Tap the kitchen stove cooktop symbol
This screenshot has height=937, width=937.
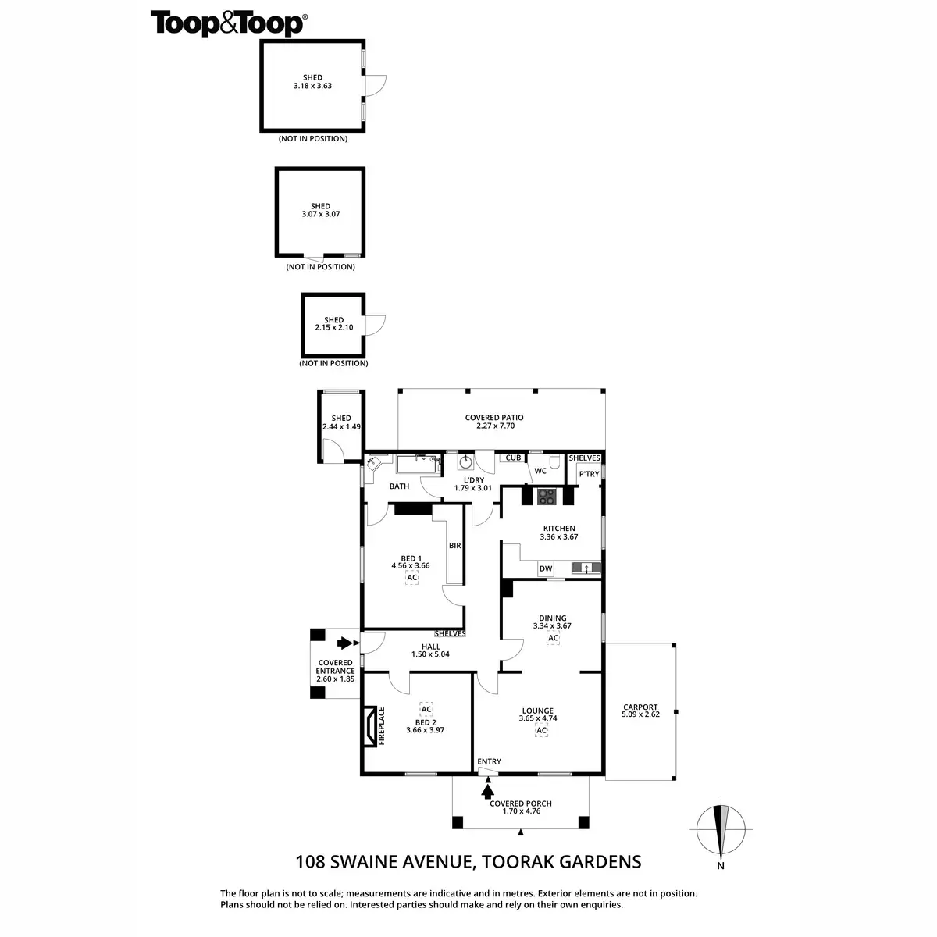(x=547, y=495)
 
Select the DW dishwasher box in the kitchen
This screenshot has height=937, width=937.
(x=546, y=569)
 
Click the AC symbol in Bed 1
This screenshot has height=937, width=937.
(x=412, y=577)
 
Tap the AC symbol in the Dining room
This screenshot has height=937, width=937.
(x=553, y=638)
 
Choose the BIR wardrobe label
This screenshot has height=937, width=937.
(x=454, y=546)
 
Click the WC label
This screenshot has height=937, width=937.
(x=540, y=471)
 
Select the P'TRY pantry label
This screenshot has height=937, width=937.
(x=589, y=474)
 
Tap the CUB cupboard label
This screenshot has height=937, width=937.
(x=513, y=458)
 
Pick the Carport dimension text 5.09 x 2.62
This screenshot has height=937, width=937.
(x=640, y=714)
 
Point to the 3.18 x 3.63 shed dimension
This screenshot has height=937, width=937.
(x=312, y=86)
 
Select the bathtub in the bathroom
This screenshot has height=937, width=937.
(x=419, y=465)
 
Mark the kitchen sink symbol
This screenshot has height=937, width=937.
(x=585, y=568)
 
